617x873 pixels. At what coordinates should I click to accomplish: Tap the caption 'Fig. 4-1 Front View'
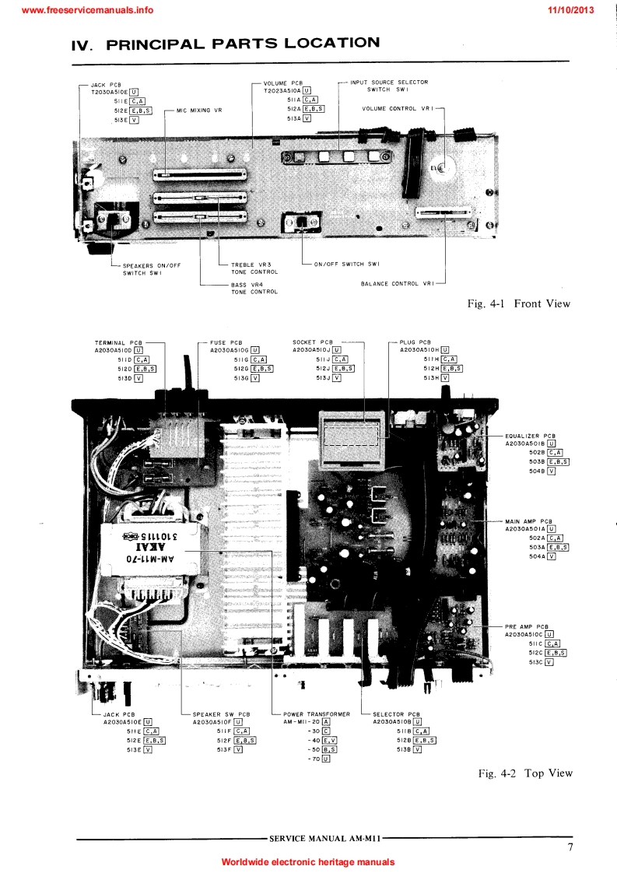coord(519,303)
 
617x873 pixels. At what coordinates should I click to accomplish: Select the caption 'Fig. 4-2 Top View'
coord(525,773)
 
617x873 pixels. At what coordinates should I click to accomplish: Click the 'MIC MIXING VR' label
coord(199,110)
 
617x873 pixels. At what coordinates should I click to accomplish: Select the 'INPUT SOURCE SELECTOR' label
coord(389,82)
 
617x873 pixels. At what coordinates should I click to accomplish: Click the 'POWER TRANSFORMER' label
coord(317,713)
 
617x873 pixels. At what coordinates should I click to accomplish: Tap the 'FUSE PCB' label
coord(226,342)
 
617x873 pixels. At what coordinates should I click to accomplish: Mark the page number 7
coord(570,847)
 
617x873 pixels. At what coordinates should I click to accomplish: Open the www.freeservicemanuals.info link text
coord(79,9)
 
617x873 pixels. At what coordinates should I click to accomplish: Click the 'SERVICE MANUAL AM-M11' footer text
coord(324,839)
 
